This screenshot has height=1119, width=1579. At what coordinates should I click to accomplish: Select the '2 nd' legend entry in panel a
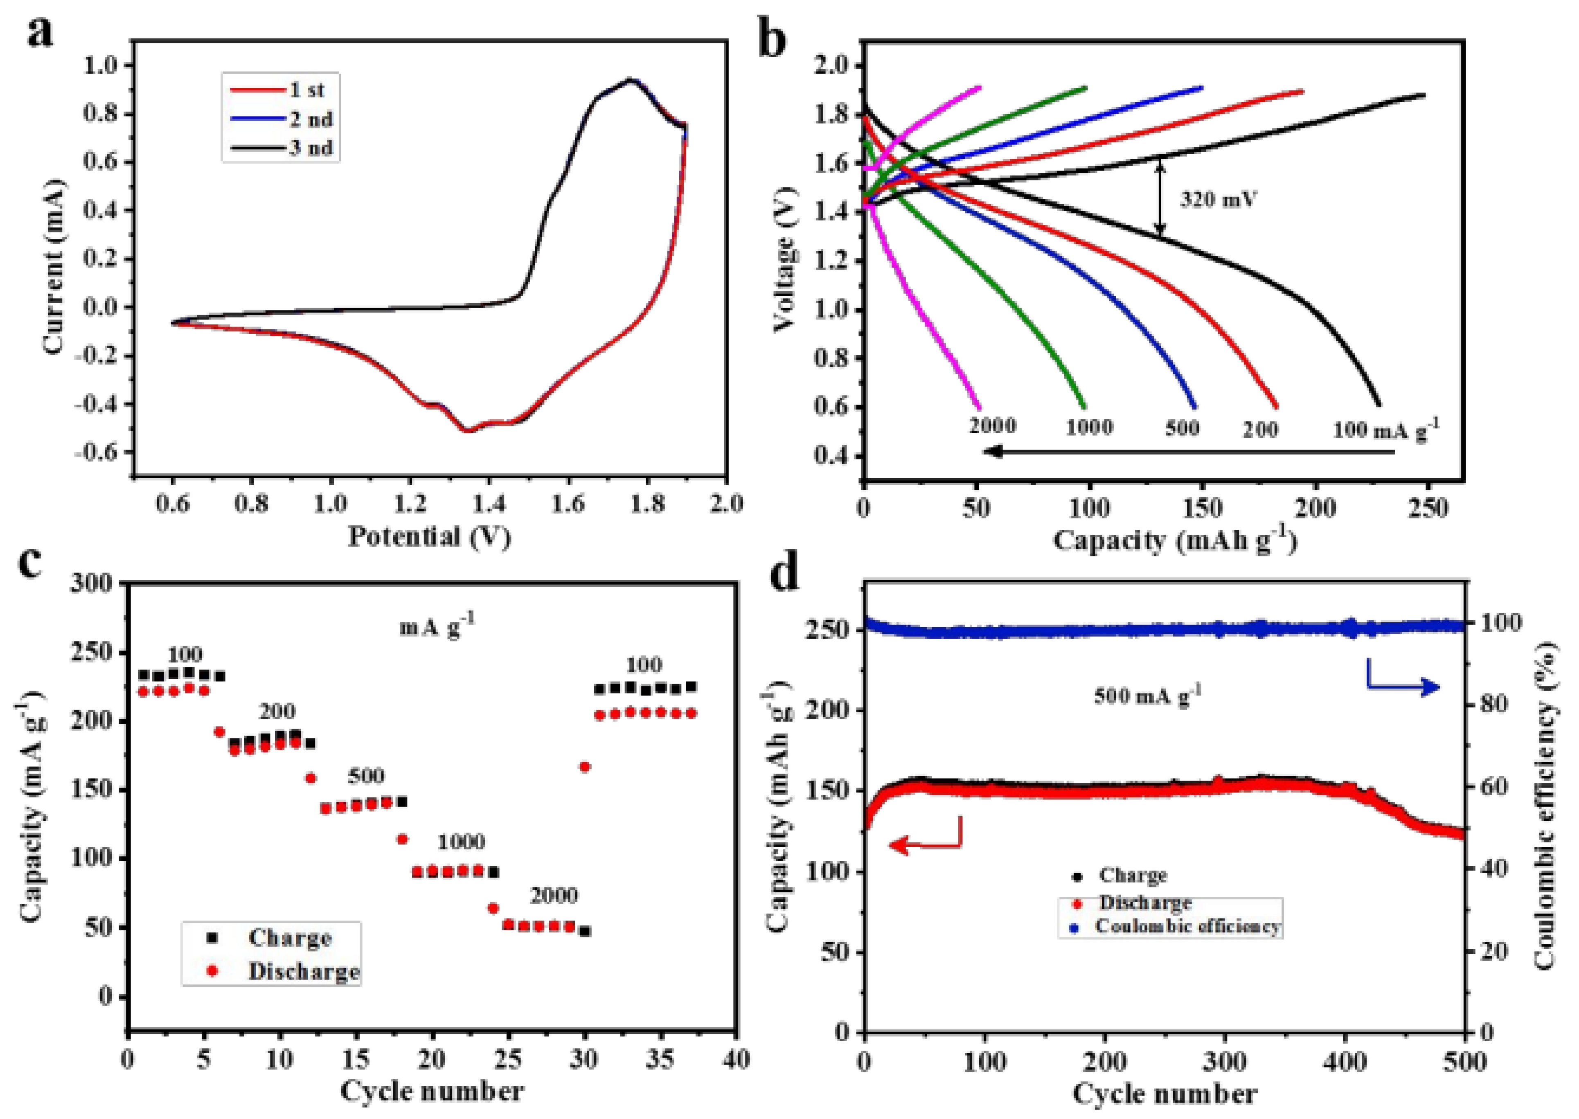click(x=310, y=119)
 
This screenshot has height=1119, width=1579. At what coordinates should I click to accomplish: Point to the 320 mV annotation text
click(x=1218, y=200)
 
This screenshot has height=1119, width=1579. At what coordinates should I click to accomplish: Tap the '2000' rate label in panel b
click(x=992, y=426)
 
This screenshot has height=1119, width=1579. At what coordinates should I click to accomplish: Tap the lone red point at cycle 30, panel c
click(x=585, y=766)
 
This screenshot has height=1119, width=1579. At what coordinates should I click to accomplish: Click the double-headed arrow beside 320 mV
click(x=1160, y=198)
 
